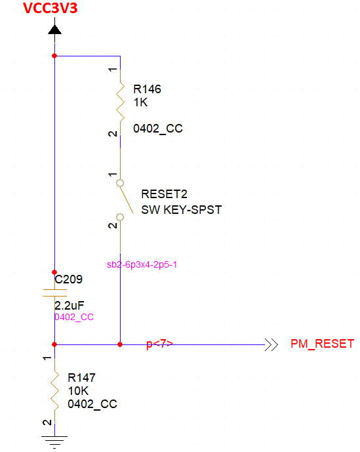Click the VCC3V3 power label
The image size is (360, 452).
pyautogui.click(x=50, y=8)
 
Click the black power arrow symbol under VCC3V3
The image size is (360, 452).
pyautogui.click(x=54, y=30)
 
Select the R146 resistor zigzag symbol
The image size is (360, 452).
pyautogui.click(x=121, y=102)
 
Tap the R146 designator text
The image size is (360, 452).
pyautogui.click(x=147, y=89)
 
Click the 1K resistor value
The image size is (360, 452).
pyautogui.click(x=140, y=102)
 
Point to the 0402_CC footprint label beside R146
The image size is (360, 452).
pyautogui.click(x=157, y=129)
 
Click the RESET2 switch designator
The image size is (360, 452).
pyautogui.click(x=164, y=194)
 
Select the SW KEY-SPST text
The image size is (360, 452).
pyautogui.click(x=181, y=210)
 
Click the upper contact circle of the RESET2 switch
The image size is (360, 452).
pyautogui.click(x=120, y=183)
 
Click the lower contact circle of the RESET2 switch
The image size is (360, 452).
pyautogui.click(x=120, y=216)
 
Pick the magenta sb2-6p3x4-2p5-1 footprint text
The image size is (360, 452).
pyautogui.click(x=142, y=264)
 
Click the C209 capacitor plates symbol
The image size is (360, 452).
pyautogui.click(x=55, y=293)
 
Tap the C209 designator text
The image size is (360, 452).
pyautogui.click(x=69, y=279)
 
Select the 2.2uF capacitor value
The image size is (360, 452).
pyautogui.click(x=69, y=305)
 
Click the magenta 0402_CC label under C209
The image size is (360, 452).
pyautogui.click(x=74, y=317)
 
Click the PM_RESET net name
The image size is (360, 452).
pyautogui.click(x=322, y=344)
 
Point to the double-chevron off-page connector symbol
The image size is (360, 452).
pyautogui.click(x=271, y=345)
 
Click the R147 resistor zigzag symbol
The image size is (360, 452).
pyautogui.click(x=55, y=390)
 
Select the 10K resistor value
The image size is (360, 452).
pyautogui.click(x=78, y=391)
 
